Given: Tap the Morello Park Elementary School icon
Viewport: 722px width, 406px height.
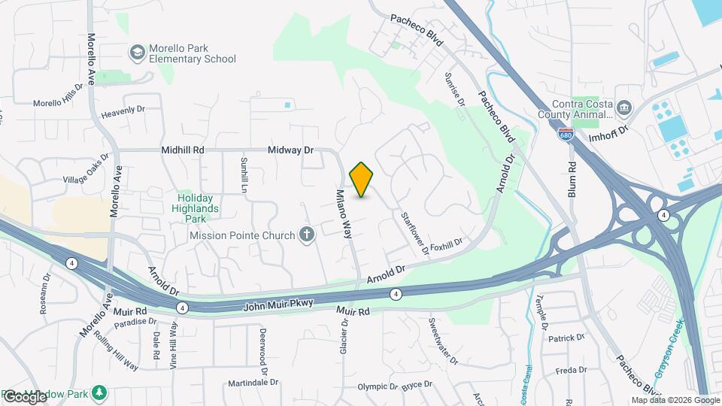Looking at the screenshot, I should click(137, 52).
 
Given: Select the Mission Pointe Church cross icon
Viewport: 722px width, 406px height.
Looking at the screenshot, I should click(306, 235).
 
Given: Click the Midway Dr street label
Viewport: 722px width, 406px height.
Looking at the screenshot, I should click(290, 150).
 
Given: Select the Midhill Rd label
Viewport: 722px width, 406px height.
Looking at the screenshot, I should click(183, 150).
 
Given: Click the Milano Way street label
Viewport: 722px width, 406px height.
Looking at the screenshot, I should click(343, 214).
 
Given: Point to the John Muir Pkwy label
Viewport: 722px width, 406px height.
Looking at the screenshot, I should click(278, 305).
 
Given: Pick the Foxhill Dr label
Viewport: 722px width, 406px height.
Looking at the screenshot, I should click(446, 244).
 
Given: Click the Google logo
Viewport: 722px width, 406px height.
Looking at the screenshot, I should click(25, 396).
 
